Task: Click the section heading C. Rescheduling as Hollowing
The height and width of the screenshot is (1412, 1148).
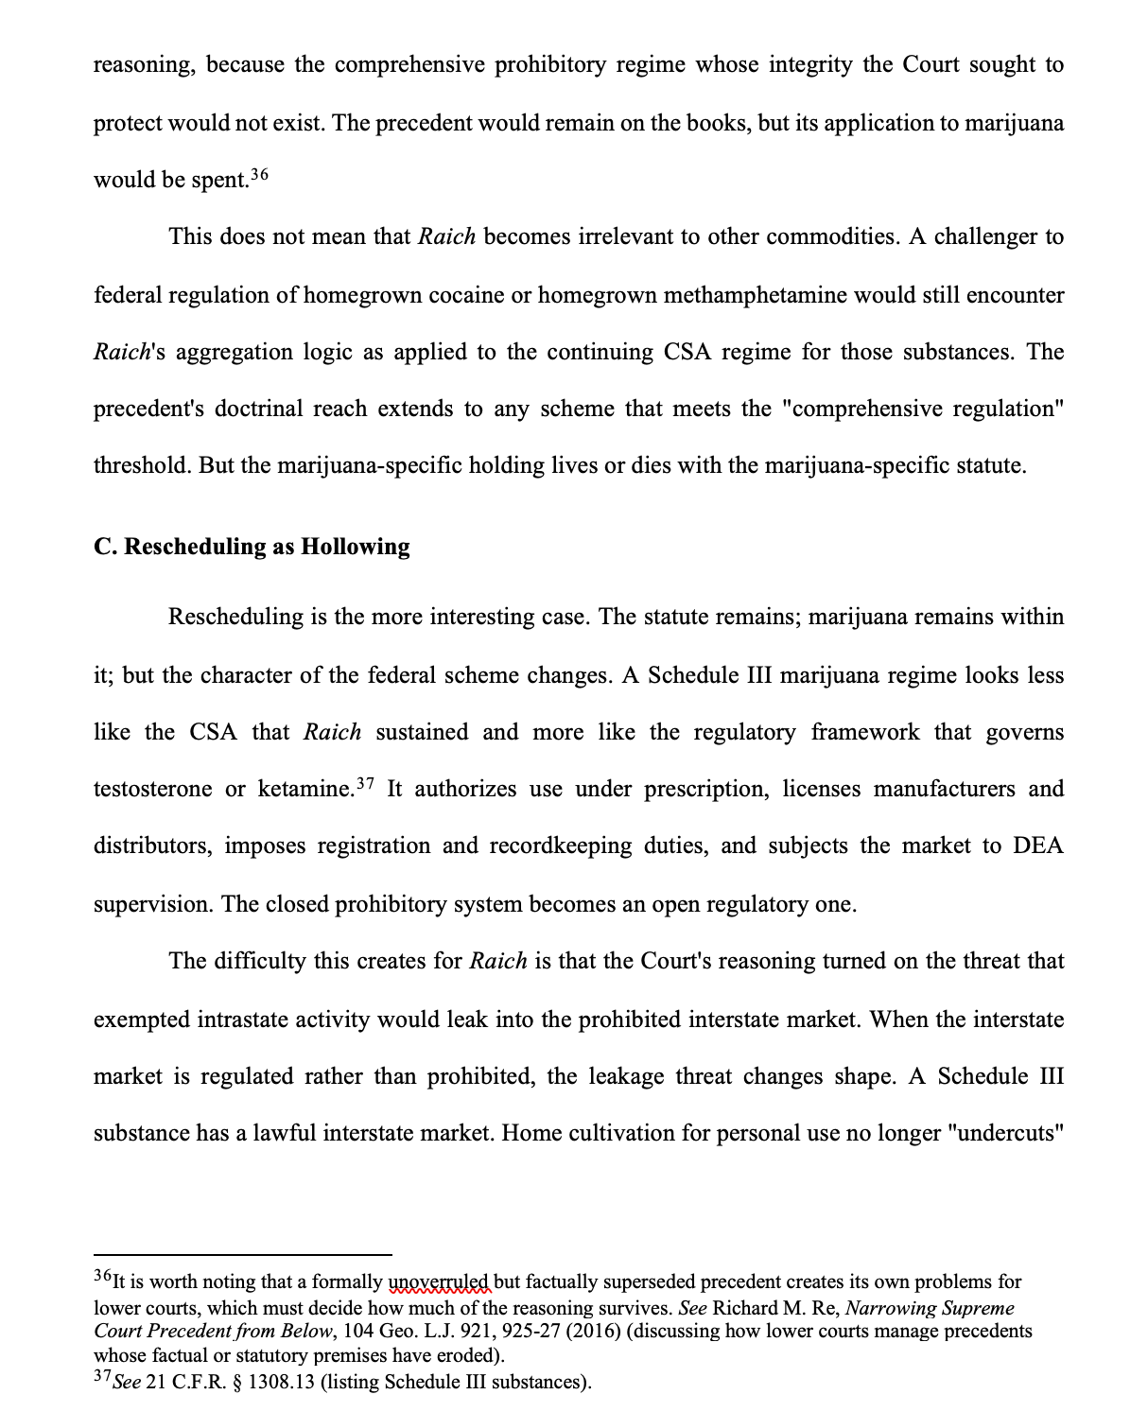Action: point(252,547)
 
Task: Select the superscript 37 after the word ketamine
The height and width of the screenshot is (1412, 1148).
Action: point(366,784)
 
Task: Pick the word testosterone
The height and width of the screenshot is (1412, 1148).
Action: point(152,790)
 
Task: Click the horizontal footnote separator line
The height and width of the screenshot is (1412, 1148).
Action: point(242,1255)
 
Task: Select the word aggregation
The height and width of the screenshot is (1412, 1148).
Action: point(234,353)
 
